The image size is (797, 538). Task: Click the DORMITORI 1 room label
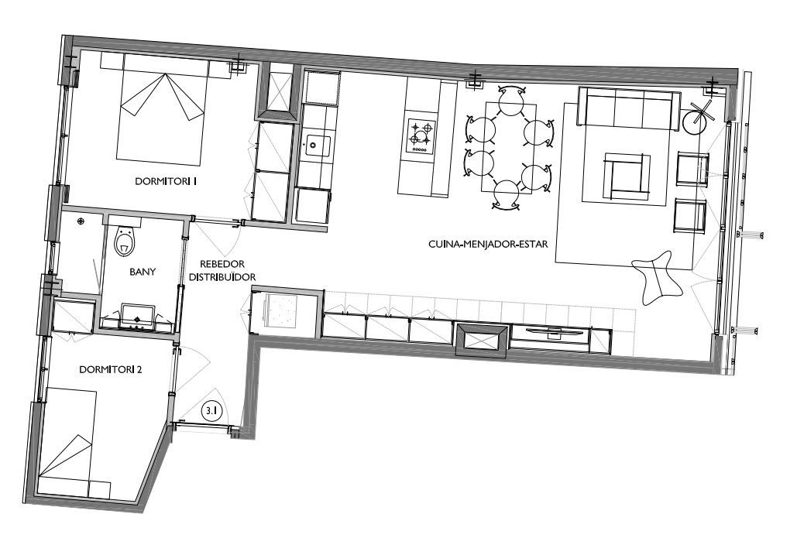coord(166,181)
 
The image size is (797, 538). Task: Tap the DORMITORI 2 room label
coord(110,369)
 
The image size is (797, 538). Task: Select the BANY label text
coord(143,272)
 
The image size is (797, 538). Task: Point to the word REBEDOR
coord(222,264)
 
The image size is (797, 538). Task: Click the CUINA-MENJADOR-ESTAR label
coord(488,244)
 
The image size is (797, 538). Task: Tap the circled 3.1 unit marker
coord(210,410)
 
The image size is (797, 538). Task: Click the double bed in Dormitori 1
coord(162,109)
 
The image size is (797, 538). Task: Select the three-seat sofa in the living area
coord(628,108)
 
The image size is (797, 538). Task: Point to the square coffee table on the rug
coord(627,176)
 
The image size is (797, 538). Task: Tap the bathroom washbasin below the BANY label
coord(137,316)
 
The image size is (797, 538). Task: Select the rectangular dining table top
coord(508,147)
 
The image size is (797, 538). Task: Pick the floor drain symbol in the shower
coord(81,221)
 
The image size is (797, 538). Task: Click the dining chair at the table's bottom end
coord(507,194)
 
